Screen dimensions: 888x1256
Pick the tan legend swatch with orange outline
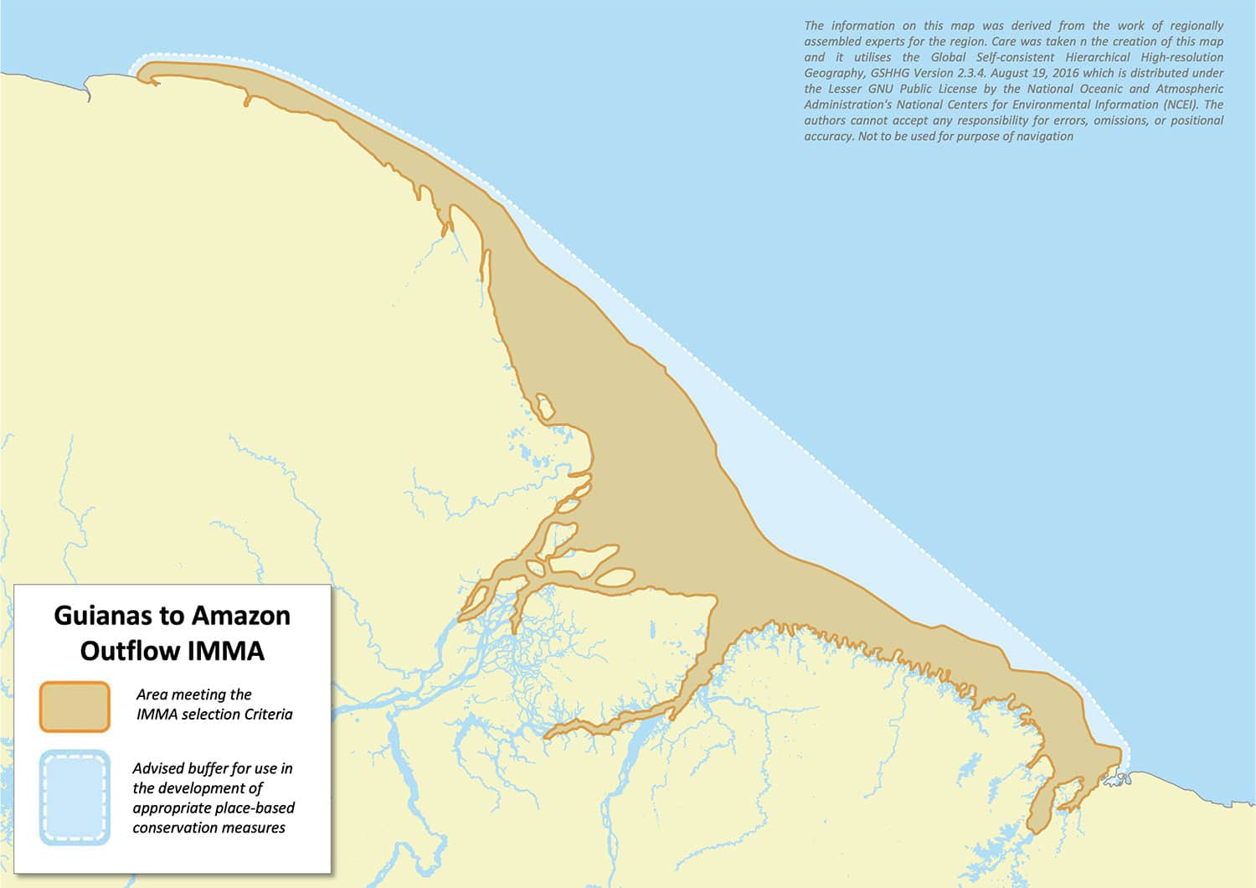click(x=75, y=706)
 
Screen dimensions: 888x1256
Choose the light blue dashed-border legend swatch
click(x=75, y=797)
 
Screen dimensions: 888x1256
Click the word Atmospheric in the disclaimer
click(x=1187, y=89)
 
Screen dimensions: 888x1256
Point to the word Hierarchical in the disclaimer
click(x=1104, y=57)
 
